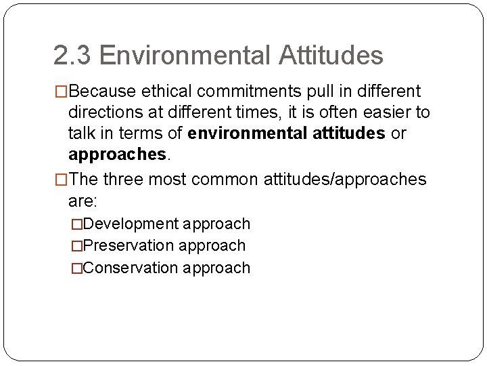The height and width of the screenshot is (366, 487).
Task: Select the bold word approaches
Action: [x=116, y=155]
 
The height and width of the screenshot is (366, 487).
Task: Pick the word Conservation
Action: [x=131, y=268]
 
